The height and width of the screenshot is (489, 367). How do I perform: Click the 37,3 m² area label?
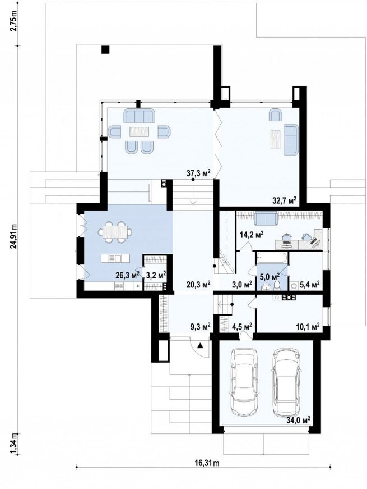(198, 173)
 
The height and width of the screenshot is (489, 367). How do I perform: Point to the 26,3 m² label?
(127, 275)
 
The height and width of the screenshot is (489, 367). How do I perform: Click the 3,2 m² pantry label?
(156, 275)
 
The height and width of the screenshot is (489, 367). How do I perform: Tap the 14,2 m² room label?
(252, 234)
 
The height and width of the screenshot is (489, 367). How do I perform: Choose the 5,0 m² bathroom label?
(270, 276)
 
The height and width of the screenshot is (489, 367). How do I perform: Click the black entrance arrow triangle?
(201, 345)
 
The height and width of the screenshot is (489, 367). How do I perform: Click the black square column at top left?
(106, 50)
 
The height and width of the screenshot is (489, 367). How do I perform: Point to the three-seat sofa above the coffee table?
(140, 116)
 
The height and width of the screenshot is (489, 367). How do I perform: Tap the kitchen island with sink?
(115, 258)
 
